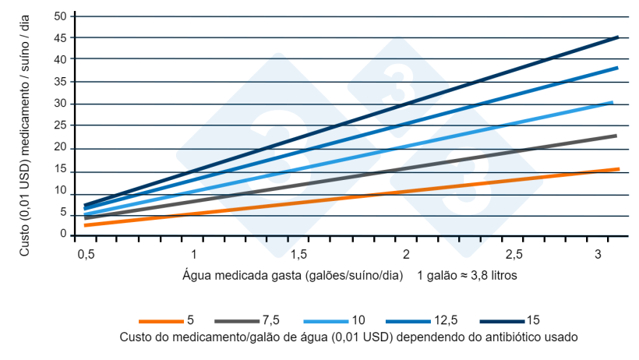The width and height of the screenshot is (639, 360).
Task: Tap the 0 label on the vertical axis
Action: click(x=64, y=235)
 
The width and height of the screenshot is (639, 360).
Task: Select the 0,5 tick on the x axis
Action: click(x=86, y=255)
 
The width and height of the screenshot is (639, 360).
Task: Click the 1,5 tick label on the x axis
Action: click(x=298, y=255)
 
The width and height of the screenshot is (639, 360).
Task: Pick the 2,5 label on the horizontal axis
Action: click(x=513, y=255)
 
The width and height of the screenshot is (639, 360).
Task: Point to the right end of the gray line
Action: click(x=616, y=136)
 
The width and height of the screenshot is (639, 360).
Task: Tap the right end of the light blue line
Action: click(x=613, y=102)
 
